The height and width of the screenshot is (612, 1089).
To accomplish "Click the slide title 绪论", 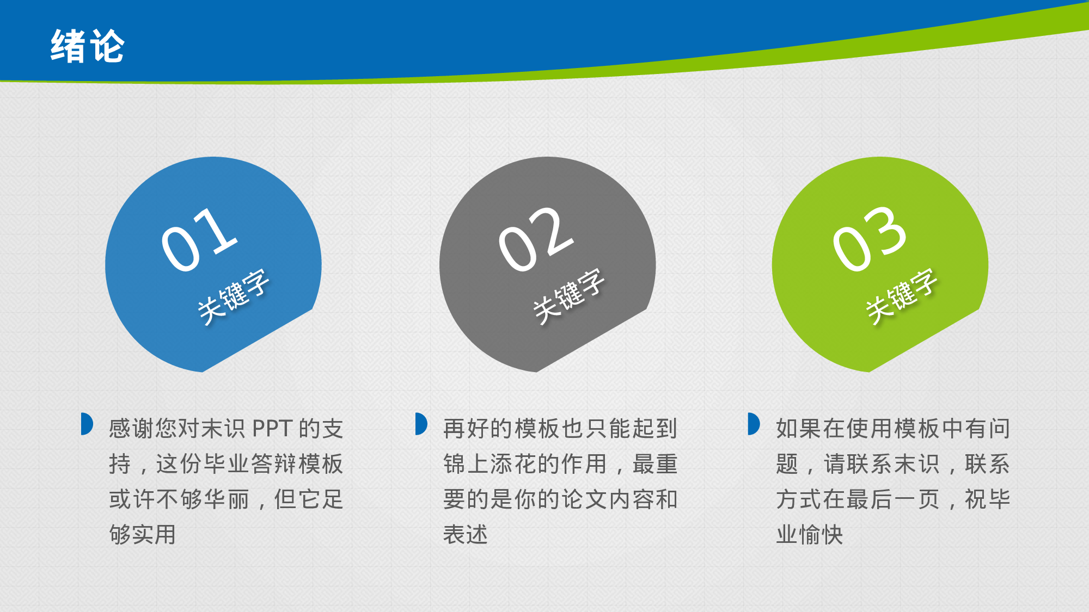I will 87,47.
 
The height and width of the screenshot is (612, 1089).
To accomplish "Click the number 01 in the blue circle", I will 199,239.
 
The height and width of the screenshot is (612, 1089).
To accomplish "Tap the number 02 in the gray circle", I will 536,239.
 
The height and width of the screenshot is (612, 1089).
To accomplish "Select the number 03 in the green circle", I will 870,239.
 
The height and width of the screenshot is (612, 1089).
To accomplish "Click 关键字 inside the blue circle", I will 233,296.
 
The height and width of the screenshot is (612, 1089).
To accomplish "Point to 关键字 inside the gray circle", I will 568,296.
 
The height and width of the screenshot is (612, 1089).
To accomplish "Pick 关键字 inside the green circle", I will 901,296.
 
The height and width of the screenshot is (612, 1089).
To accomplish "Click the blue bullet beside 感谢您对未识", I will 87,424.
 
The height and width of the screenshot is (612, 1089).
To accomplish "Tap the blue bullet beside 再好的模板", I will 421,424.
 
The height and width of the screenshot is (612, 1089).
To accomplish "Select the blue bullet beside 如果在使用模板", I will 754,424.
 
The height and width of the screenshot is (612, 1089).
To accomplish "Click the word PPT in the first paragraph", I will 272,429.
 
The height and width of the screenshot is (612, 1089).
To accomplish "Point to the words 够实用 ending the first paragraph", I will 143,535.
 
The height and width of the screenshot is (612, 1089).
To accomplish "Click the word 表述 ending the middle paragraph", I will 466,535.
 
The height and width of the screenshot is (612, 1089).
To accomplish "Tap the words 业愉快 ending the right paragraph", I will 810,535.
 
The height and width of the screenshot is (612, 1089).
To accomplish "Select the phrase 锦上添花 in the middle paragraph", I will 490,464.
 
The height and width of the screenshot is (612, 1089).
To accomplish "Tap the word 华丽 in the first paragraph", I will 226,499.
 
